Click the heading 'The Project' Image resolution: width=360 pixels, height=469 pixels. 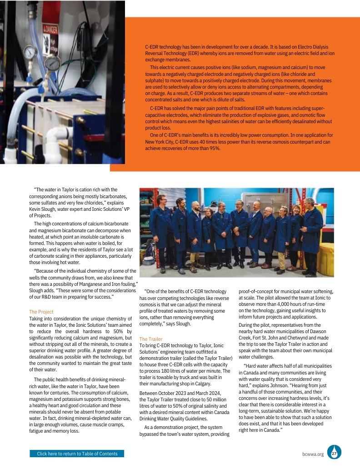pos(41,312)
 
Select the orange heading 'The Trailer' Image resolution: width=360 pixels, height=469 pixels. pos(150,339)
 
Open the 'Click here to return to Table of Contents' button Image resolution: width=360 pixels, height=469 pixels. pos(77,454)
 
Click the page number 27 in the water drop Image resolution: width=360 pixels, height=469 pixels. pos(334,454)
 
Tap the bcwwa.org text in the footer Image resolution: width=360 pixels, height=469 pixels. pos(313,454)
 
